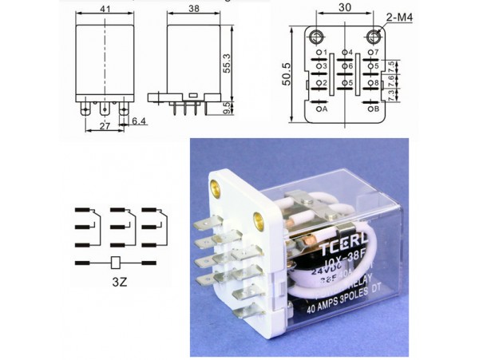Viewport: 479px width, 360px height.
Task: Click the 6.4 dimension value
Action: pyautogui.click(x=139, y=121)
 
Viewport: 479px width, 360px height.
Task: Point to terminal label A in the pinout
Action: pyautogui.click(x=325, y=109)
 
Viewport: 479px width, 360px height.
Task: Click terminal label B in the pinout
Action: pyautogui.click(x=376, y=109)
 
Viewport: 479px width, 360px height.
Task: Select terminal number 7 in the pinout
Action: pyautogui.click(x=375, y=52)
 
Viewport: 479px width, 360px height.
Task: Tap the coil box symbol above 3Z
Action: pyautogui.click(x=117, y=262)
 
